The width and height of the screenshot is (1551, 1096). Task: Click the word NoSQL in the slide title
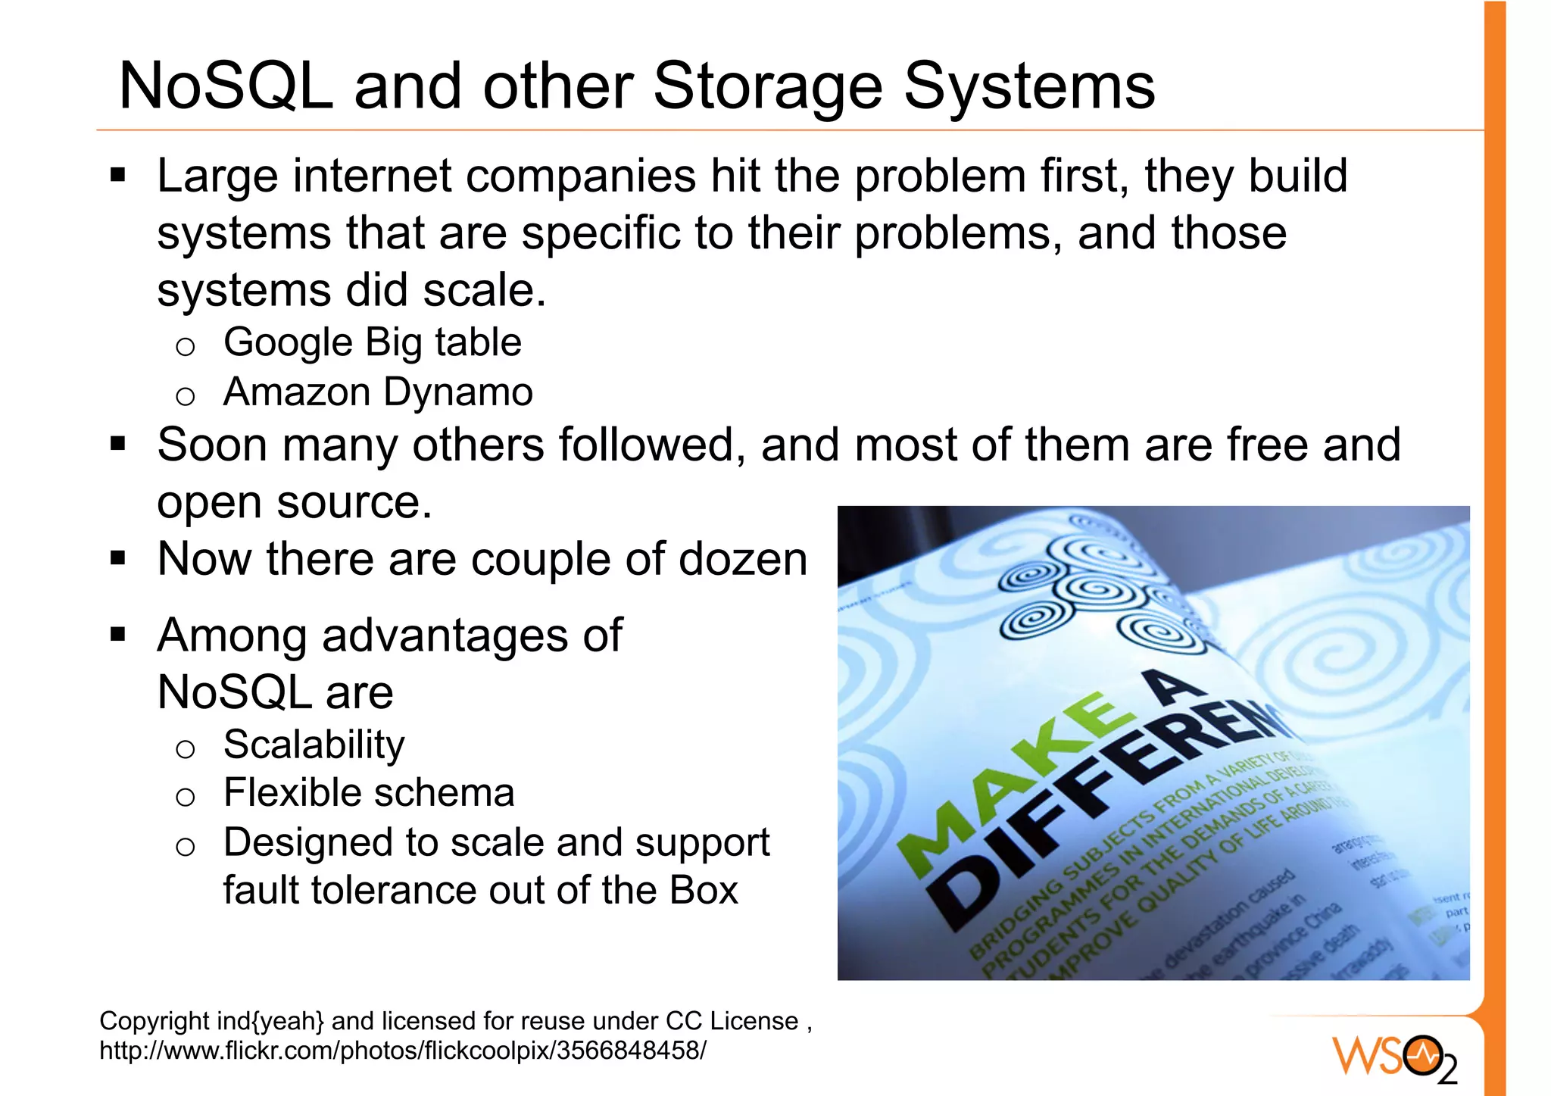[226, 86]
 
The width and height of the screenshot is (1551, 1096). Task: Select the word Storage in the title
[766, 86]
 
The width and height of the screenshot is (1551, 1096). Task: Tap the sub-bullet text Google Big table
[372, 342]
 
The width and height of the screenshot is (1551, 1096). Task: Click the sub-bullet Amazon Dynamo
[378, 392]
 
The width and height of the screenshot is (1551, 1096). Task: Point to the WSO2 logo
[1394, 1057]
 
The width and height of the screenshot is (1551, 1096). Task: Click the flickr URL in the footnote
[402, 1051]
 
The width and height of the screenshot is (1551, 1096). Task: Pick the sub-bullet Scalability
[314, 745]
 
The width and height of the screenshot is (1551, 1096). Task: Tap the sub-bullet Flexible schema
[369, 793]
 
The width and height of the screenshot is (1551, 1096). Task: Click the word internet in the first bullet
[372, 176]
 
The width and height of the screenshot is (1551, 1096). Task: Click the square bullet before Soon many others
[117, 443]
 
